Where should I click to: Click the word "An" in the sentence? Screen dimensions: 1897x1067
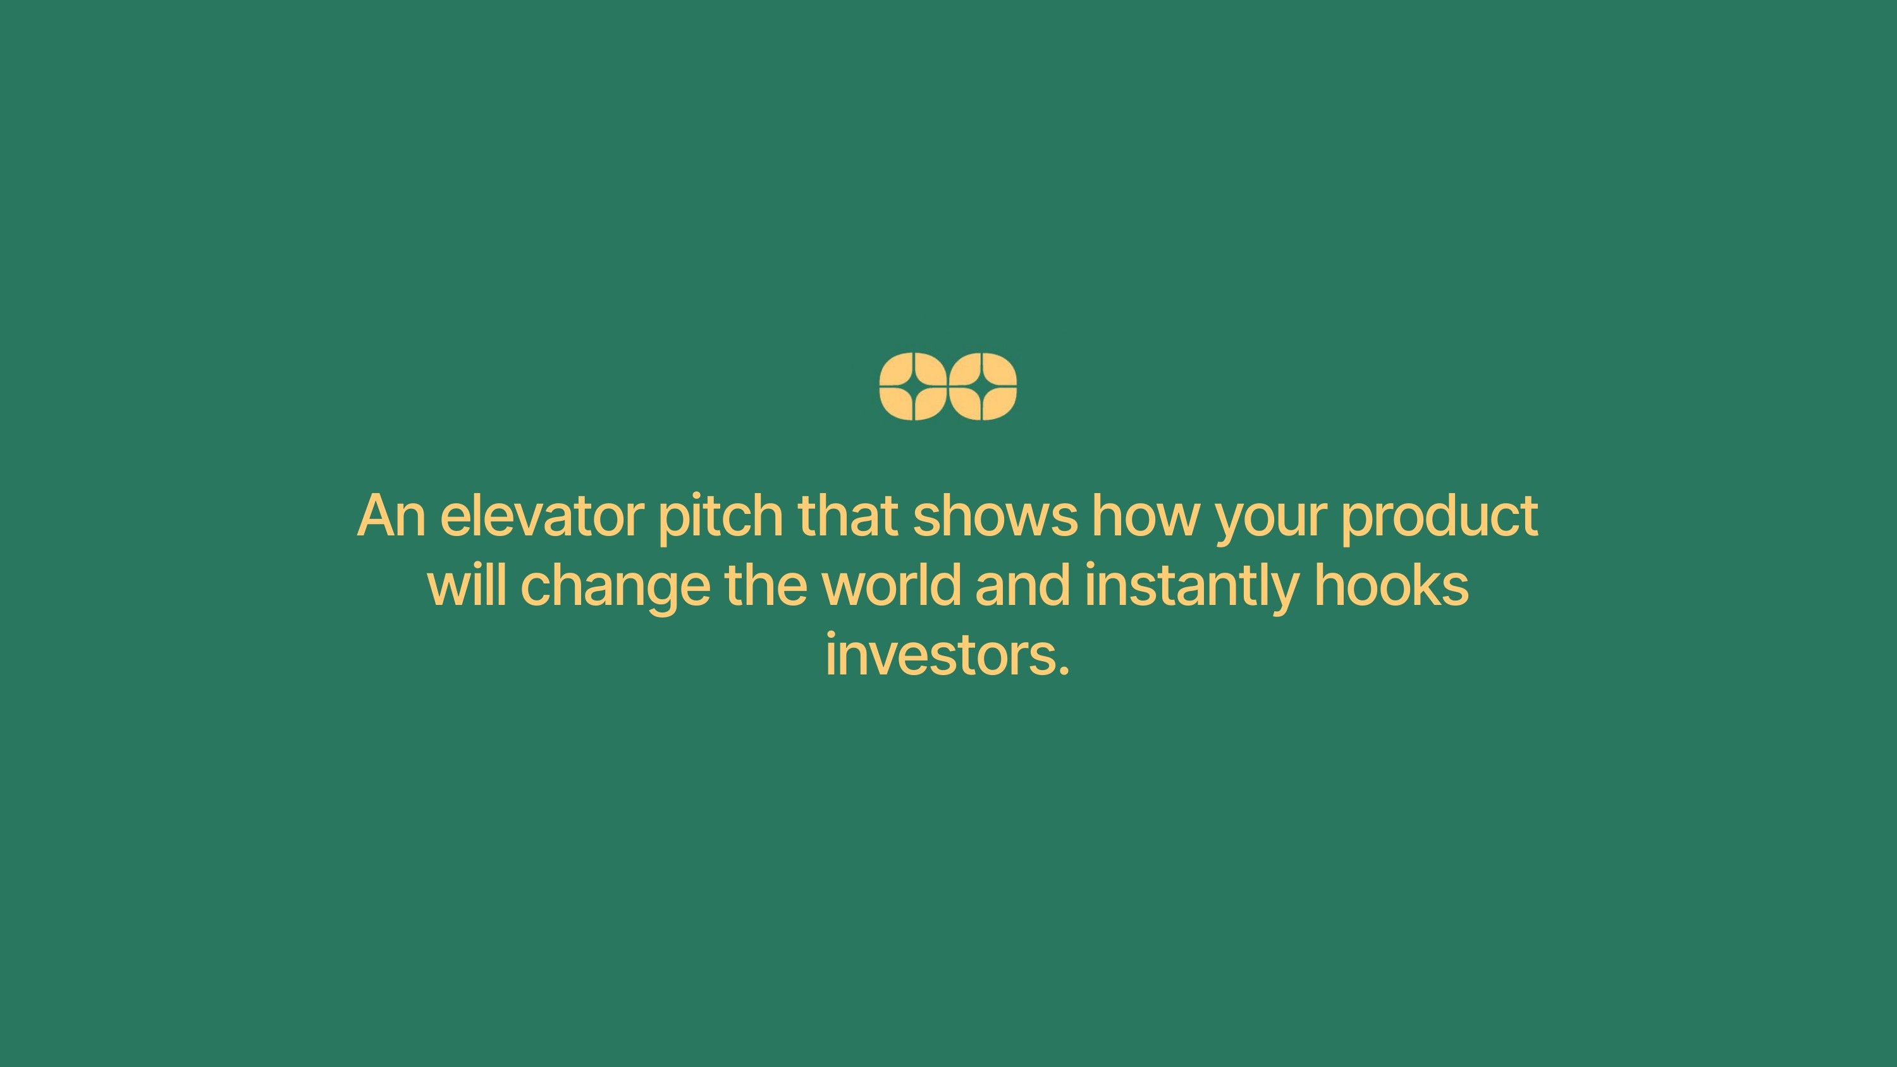[391, 515]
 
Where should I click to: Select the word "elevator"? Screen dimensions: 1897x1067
[542, 515]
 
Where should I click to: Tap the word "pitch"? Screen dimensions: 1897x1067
[720, 518]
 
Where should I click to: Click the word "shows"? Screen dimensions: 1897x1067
[995, 515]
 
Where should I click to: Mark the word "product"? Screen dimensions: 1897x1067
[1440, 518]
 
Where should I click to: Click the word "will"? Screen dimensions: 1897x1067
[467, 584]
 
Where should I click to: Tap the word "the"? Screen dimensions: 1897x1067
[766, 584]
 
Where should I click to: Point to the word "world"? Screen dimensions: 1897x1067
[891, 584]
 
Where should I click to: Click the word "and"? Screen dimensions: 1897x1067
[1023, 584]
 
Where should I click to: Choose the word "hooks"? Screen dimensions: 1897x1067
[1392, 584]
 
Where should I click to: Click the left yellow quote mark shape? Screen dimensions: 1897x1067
[913, 386]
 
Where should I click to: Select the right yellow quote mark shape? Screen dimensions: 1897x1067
[983, 386]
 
